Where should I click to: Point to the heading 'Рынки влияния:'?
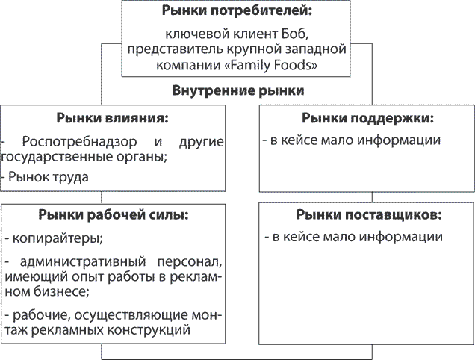point(112,118)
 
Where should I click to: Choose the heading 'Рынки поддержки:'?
point(367,118)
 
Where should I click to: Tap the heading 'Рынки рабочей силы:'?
point(112,215)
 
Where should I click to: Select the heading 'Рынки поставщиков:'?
point(368,215)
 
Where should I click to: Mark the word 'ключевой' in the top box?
point(193,34)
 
